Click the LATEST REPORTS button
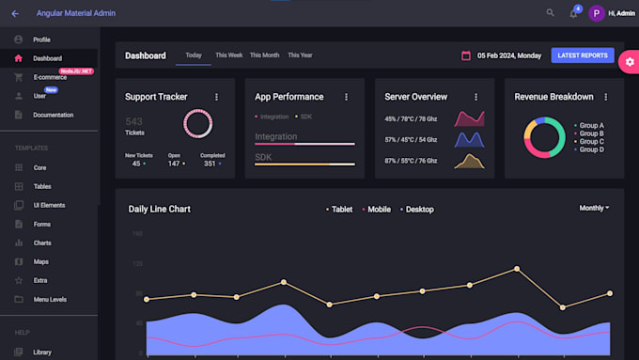click(x=582, y=55)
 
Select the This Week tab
click(x=228, y=55)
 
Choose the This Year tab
click(x=300, y=55)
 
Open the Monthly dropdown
click(x=594, y=208)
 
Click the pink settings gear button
click(x=630, y=62)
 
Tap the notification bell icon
click(x=573, y=13)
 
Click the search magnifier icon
click(x=551, y=13)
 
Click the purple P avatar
click(x=596, y=13)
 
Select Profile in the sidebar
click(x=41, y=39)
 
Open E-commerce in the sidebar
click(x=49, y=77)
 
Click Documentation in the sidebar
click(x=53, y=115)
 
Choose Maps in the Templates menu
click(x=40, y=261)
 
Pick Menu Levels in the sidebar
click(x=50, y=299)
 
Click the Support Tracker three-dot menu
click(x=216, y=97)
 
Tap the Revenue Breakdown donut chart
click(x=544, y=137)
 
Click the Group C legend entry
click(x=589, y=142)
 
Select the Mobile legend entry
click(x=378, y=209)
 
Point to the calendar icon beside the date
click(x=466, y=55)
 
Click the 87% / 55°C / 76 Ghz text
click(x=411, y=161)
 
